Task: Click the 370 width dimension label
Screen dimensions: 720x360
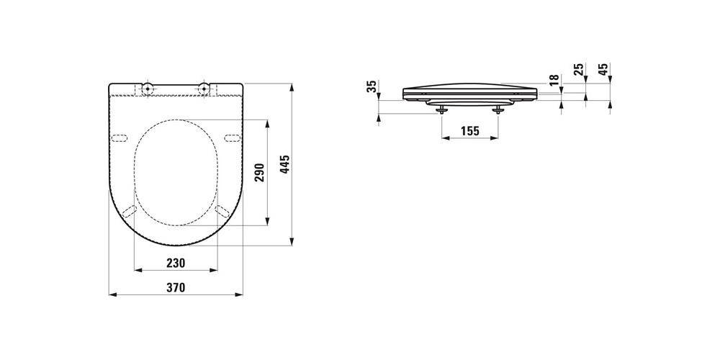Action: coord(176,288)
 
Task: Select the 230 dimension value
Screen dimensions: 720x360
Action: coord(176,263)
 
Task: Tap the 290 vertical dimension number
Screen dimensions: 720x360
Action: coord(260,172)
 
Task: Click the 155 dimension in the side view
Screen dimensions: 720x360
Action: coord(469,131)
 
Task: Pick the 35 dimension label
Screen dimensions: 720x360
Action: coord(372,86)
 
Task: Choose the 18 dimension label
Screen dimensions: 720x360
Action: coord(554,79)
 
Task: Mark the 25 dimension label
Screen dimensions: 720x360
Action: coord(579,69)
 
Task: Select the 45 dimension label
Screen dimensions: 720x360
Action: coord(604,69)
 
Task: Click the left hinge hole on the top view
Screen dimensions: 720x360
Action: coord(148,88)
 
